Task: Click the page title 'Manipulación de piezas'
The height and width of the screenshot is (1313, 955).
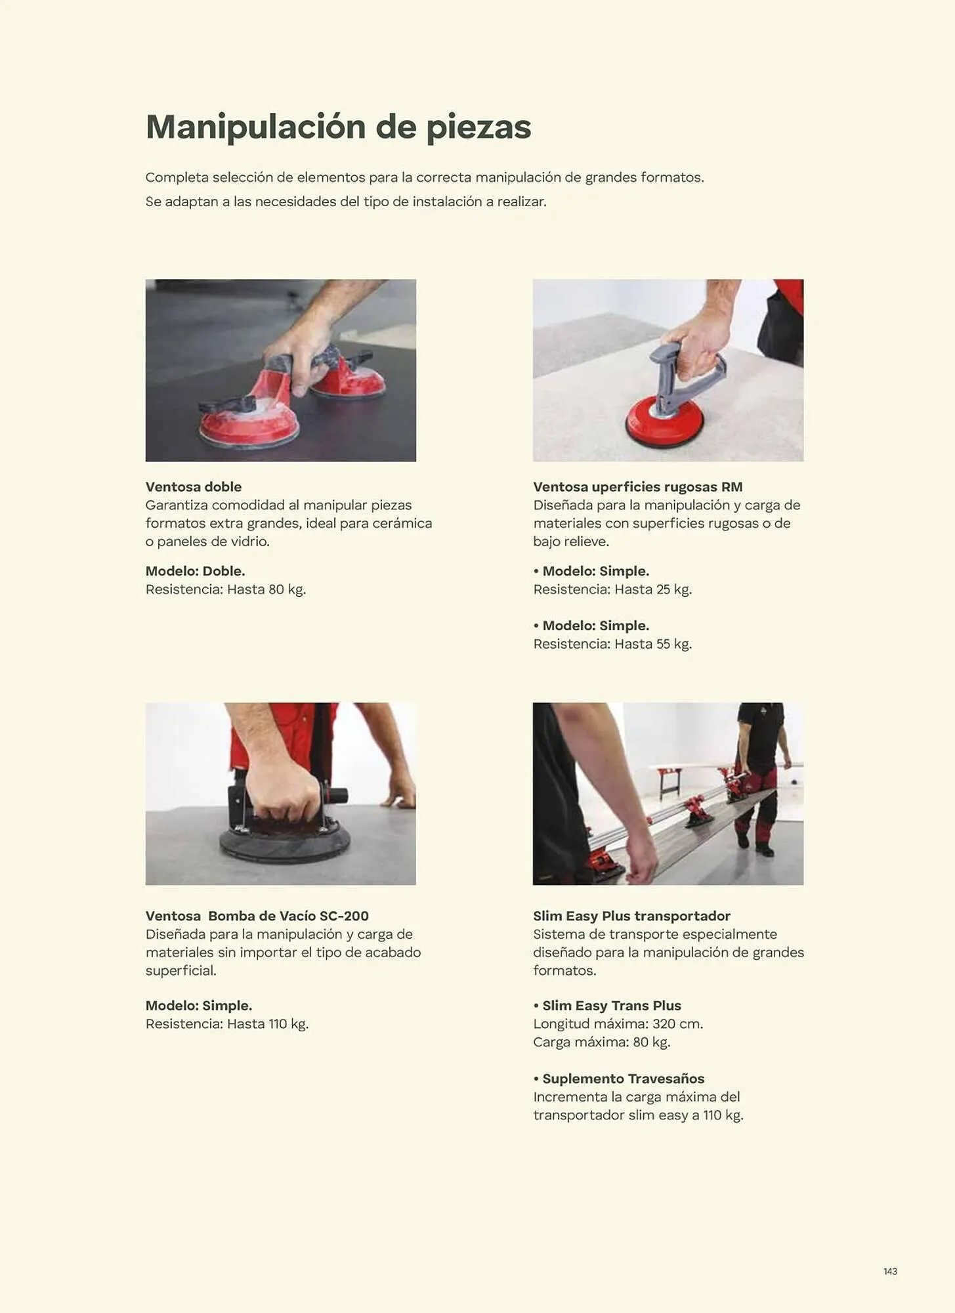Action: point(338,127)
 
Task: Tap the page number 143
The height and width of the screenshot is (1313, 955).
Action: point(890,1272)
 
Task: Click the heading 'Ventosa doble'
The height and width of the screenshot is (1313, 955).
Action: point(194,487)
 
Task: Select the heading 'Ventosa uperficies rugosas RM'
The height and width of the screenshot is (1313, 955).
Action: point(637,487)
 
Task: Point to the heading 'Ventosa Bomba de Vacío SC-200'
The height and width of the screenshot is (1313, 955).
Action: point(257,916)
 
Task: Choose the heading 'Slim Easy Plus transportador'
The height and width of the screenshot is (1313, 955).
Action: point(631,916)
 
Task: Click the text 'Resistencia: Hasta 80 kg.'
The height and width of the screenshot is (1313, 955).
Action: point(226,590)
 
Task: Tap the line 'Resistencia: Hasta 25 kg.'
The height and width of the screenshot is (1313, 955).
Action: point(612,590)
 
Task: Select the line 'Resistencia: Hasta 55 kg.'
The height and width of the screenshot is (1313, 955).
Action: point(612,644)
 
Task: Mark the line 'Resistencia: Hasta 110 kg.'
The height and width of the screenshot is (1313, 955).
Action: point(227,1024)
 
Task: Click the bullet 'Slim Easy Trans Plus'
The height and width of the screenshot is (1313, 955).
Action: point(611,1006)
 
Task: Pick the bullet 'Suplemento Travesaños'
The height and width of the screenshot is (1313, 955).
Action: point(623,1079)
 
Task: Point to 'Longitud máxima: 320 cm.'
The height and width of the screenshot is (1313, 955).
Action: point(618,1024)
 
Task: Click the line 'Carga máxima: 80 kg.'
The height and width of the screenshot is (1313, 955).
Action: point(601,1043)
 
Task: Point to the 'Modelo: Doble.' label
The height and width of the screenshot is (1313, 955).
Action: point(195,571)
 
